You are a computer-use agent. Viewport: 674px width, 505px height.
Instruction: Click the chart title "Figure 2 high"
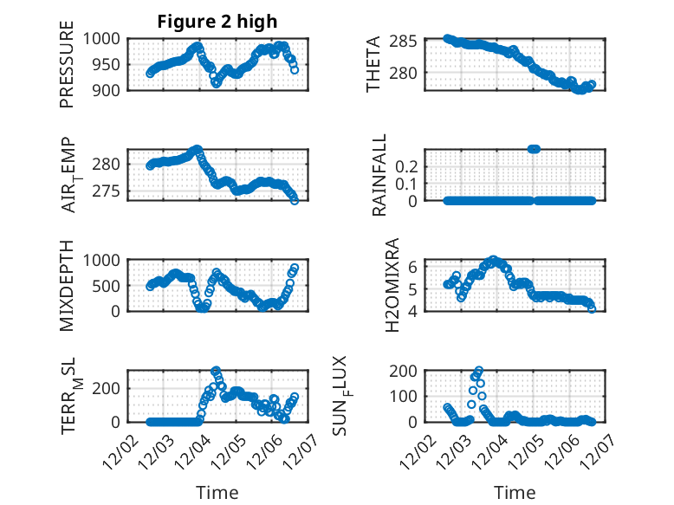217,23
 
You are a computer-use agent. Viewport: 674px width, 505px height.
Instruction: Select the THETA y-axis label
373,64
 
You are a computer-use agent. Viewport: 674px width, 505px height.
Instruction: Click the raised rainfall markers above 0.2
534,149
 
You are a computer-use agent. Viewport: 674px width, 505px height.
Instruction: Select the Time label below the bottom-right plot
515,493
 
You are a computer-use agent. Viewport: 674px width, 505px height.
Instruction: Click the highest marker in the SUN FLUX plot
479,371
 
